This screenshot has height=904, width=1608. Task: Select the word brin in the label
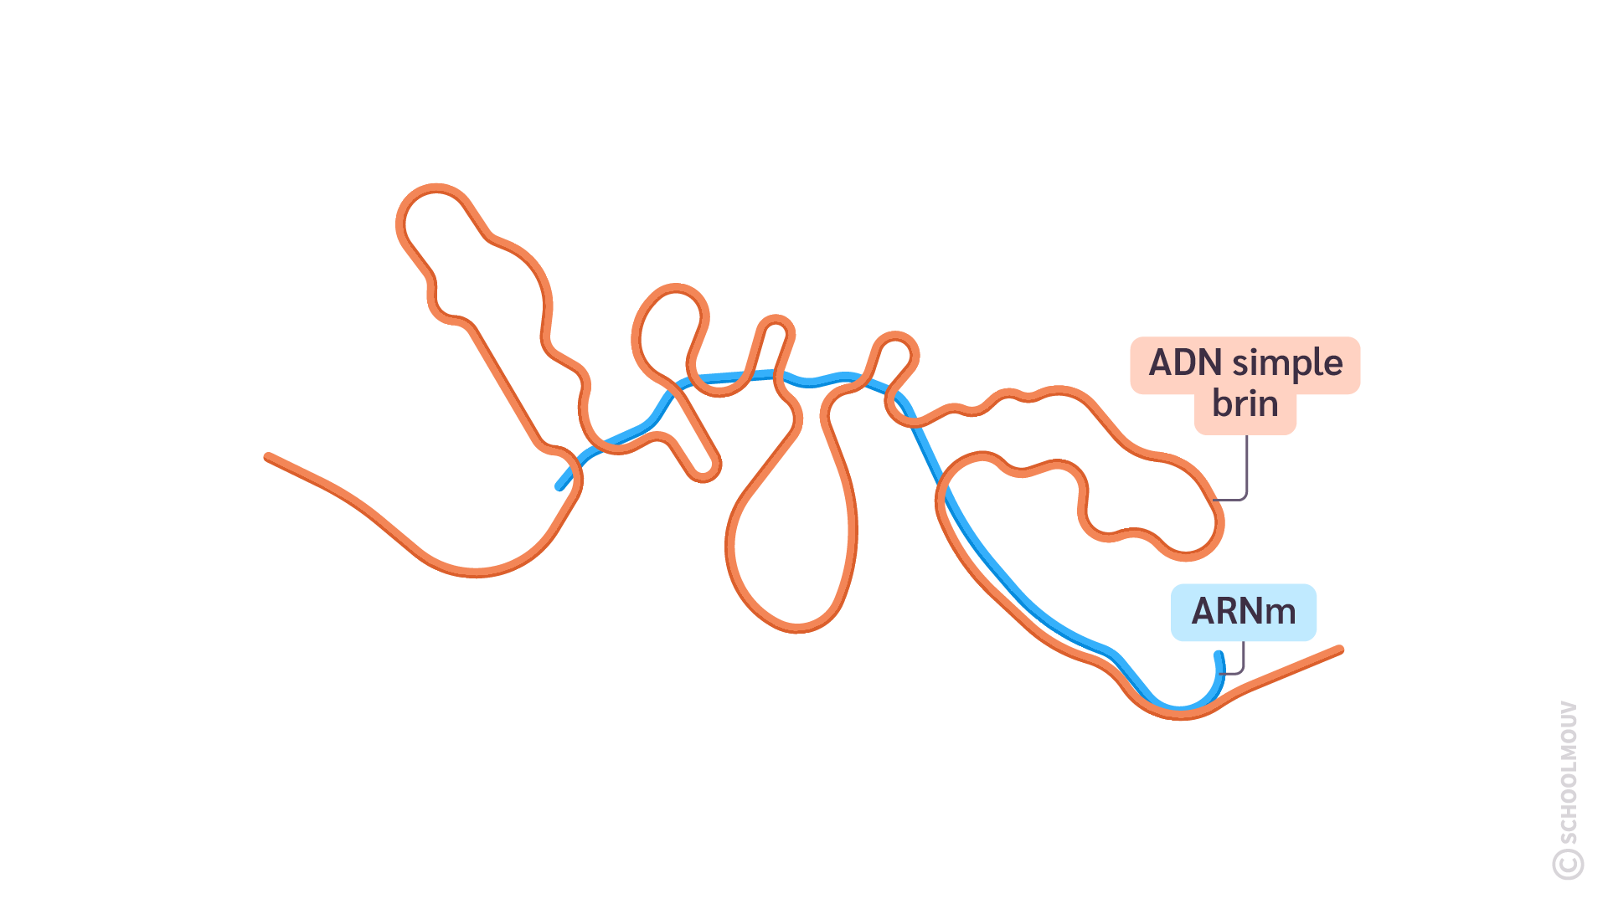click(1245, 404)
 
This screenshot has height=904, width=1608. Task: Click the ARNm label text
click(1244, 612)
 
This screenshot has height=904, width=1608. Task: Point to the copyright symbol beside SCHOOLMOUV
click(1568, 864)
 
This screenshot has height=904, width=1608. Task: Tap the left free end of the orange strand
click(268, 457)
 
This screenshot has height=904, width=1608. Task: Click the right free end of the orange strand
click(1340, 650)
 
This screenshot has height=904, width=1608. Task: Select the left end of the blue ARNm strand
click(559, 486)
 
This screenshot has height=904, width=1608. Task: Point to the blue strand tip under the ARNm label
click(1219, 655)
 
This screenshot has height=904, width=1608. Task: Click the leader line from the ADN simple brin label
click(1246, 469)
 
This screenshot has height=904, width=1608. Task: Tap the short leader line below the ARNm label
click(1242, 661)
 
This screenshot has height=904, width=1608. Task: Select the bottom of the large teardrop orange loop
click(797, 628)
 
